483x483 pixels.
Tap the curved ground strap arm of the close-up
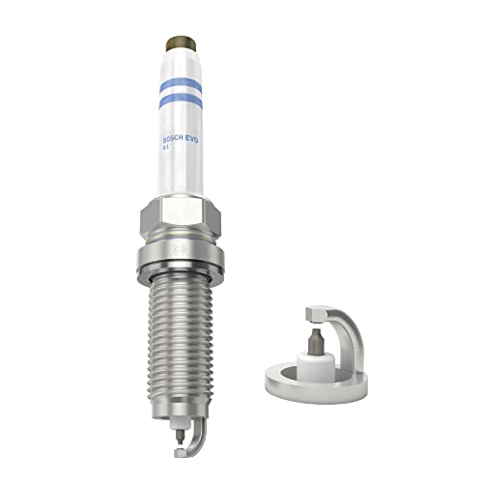click(342, 333)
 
